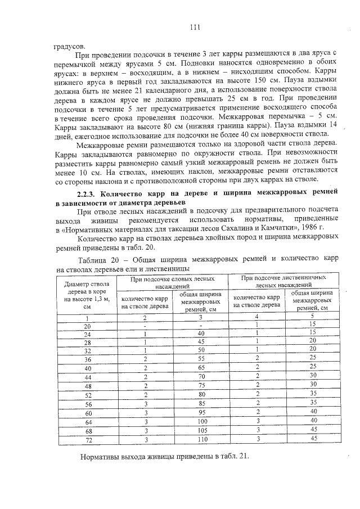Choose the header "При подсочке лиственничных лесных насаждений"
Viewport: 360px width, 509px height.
(x=283, y=282)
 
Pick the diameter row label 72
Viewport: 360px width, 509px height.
(x=87, y=439)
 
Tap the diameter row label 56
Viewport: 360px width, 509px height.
(x=87, y=403)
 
